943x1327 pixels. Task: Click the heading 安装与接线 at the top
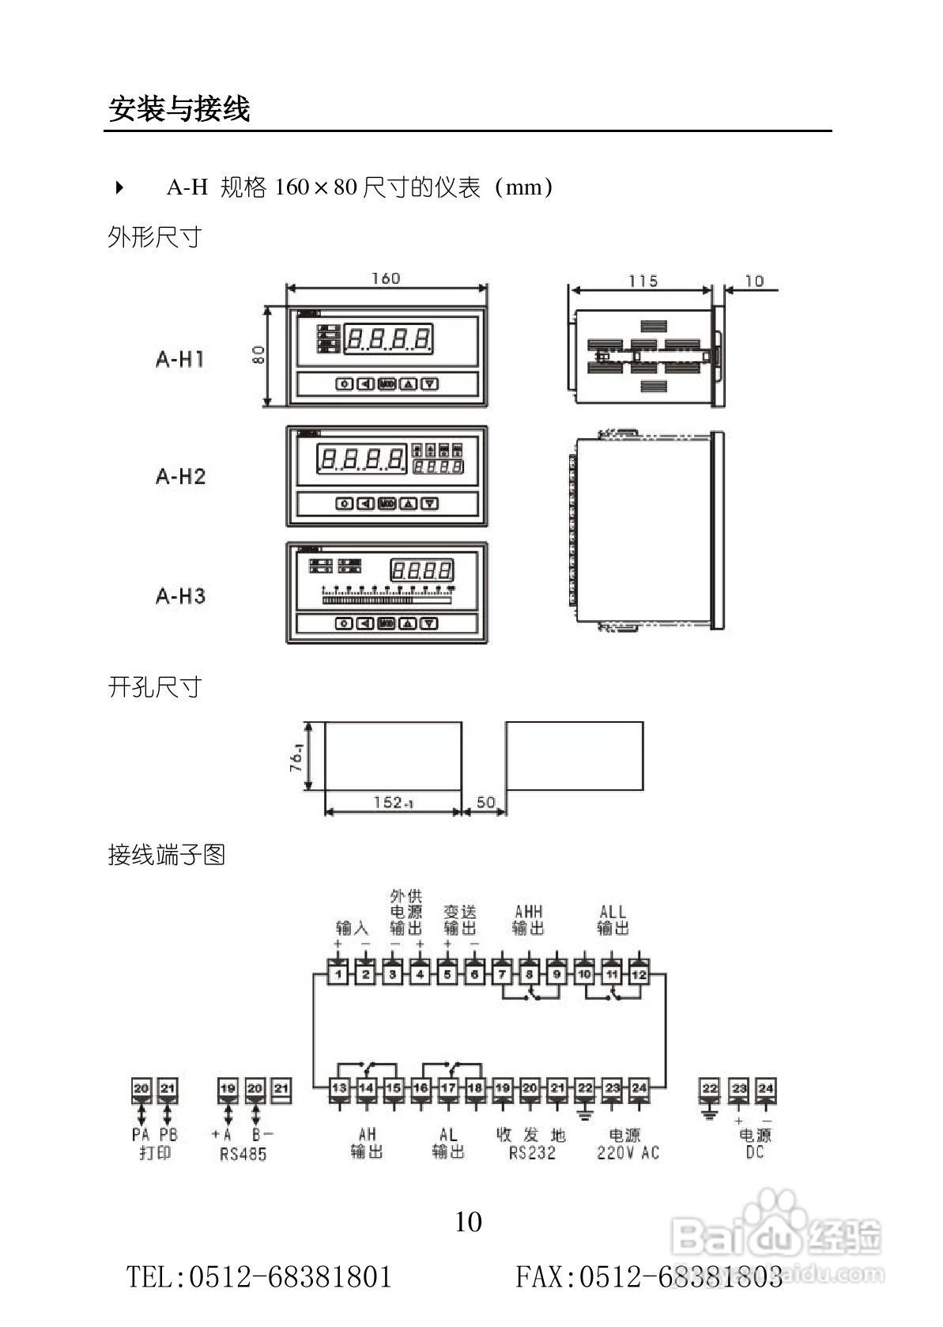179,109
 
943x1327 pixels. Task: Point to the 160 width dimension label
386,278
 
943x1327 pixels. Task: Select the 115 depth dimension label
643,281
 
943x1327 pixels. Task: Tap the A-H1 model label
180,359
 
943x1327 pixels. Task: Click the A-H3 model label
180,595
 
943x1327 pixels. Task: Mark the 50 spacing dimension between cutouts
485,803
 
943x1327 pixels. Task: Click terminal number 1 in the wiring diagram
338,974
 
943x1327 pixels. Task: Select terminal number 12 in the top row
639,974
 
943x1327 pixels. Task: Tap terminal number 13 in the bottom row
339,1088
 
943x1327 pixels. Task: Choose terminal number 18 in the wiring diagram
474,1088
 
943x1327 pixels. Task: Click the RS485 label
243,1154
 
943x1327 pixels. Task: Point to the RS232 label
532,1153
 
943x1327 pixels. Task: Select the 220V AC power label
628,1153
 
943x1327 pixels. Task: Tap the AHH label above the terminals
529,912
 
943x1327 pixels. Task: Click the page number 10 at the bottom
468,1222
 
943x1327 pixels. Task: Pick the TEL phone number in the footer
259,1276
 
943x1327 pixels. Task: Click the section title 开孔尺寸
155,687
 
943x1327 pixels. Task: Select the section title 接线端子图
167,855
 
